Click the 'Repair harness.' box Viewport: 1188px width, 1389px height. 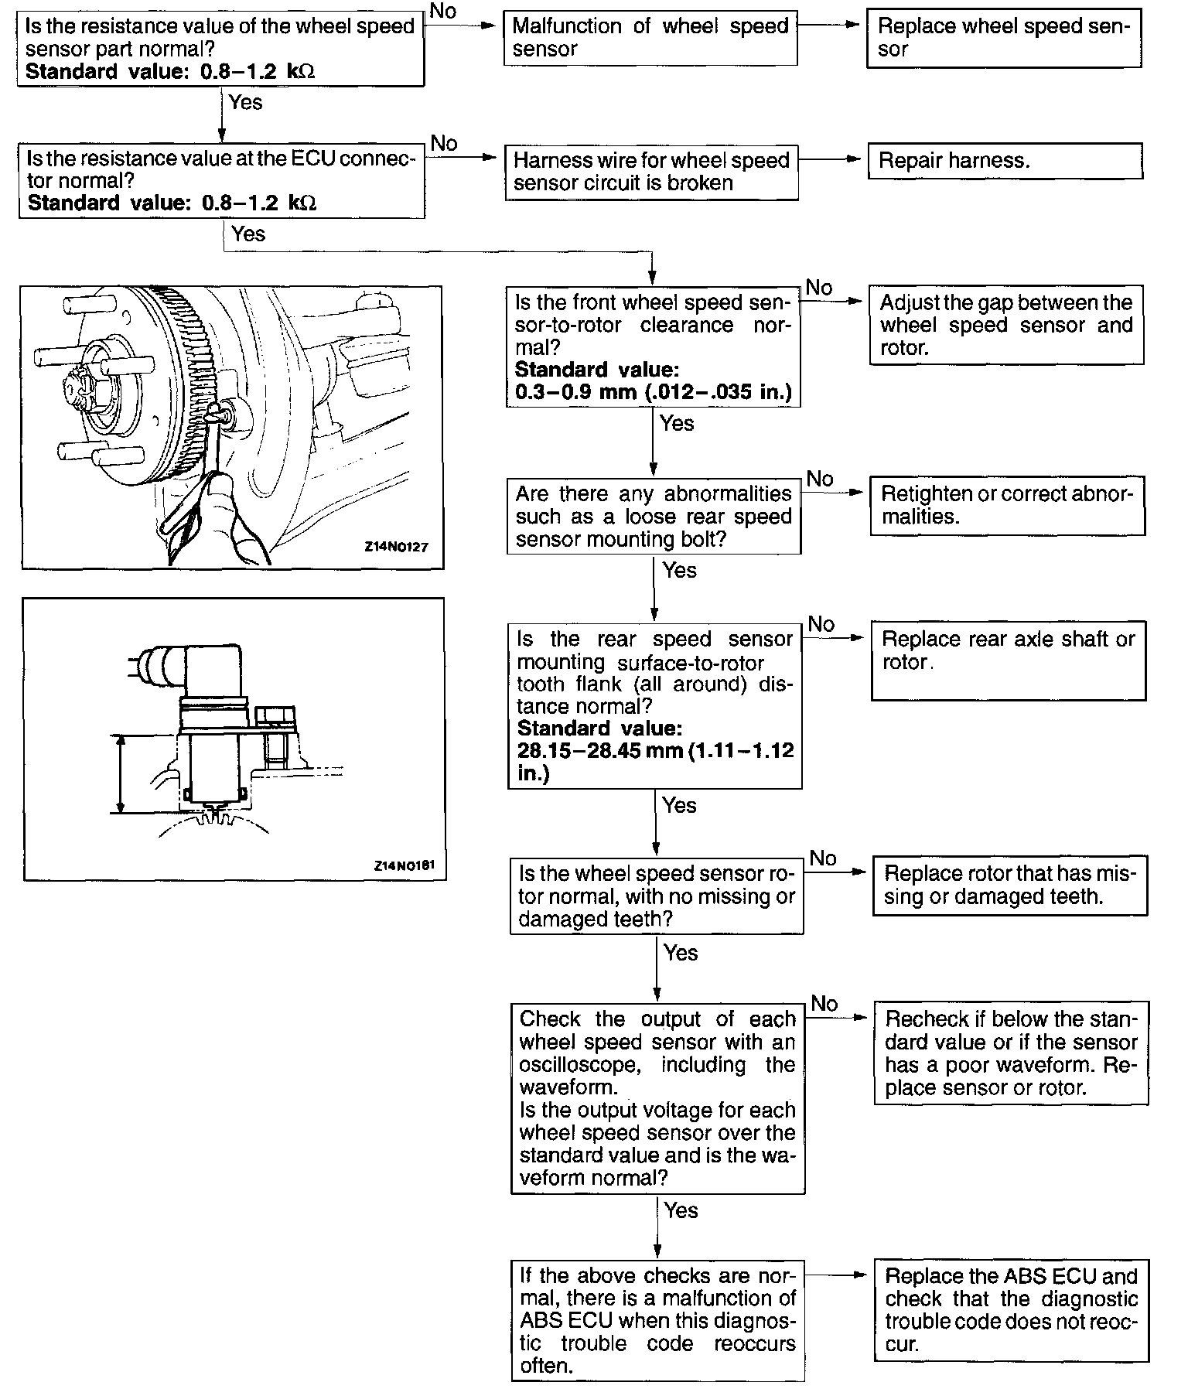pyautogui.click(x=1005, y=161)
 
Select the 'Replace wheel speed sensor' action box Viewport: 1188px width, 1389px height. pyautogui.click(x=1003, y=38)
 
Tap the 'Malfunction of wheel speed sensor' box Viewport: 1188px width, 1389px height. pyautogui.click(x=650, y=38)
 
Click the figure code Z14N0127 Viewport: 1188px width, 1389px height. pyautogui.click(x=396, y=547)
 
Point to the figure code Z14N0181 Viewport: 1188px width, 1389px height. pyautogui.click(x=403, y=865)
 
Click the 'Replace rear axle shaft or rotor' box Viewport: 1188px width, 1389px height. pyautogui.click(x=1008, y=660)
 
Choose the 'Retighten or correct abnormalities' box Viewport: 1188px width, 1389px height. pyautogui.click(x=1007, y=506)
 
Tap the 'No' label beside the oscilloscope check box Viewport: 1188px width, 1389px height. pyautogui.click(x=824, y=1003)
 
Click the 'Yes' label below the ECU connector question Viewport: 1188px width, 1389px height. pyautogui.click(x=247, y=234)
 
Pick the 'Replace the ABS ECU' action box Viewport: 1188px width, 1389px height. pyautogui.click(x=1011, y=1310)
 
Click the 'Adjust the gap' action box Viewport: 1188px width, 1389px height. pyautogui.click(x=1005, y=325)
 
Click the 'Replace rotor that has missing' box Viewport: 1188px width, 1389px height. pyautogui.click(x=1010, y=886)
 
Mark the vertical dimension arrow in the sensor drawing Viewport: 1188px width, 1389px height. pyautogui.click(x=120, y=773)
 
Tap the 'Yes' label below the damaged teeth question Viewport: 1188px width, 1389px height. pyautogui.click(x=681, y=952)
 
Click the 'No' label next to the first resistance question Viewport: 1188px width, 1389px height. pyautogui.click(x=443, y=11)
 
